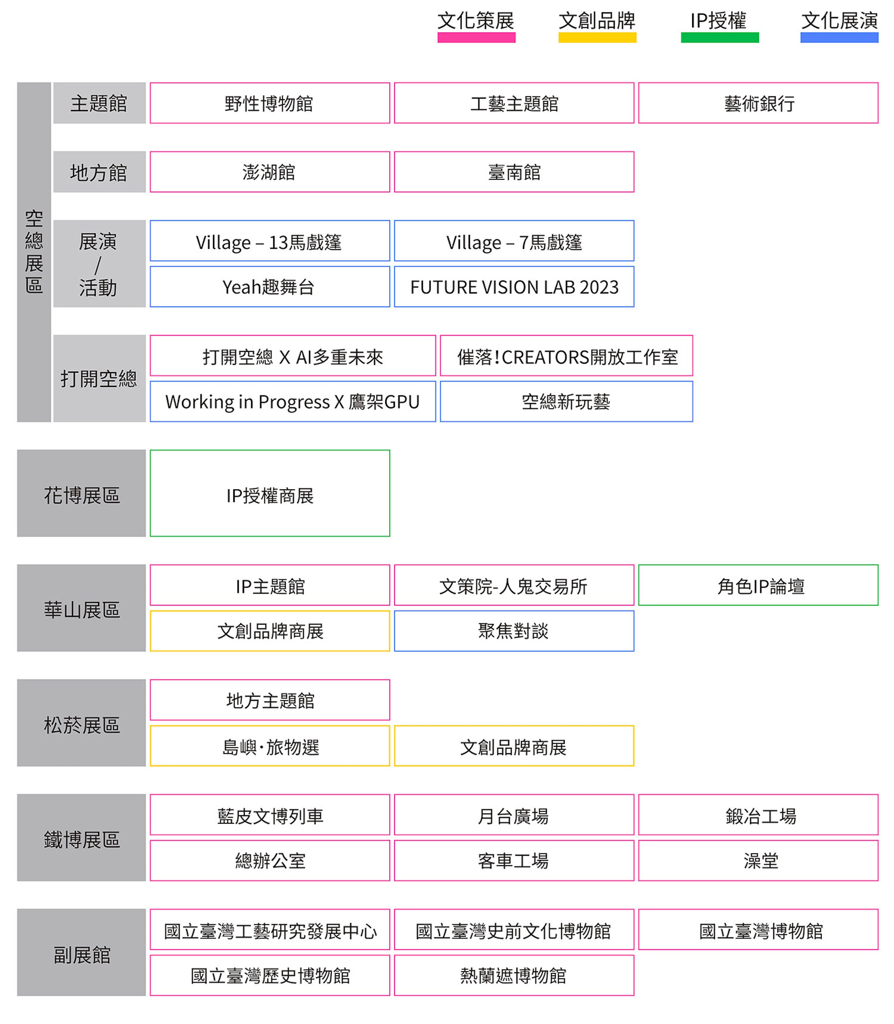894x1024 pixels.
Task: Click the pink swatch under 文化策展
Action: click(x=476, y=37)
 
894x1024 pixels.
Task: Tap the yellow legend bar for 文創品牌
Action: click(x=597, y=37)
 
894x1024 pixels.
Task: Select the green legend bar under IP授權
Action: click(x=720, y=37)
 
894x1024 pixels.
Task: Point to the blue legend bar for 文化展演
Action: click(x=839, y=37)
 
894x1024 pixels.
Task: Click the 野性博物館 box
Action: click(x=270, y=103)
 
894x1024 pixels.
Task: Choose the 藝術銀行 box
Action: click(x=758, y=103)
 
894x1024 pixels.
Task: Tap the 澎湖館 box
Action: click(x=270, y=171)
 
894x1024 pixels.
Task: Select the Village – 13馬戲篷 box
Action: click(x=270, y=240)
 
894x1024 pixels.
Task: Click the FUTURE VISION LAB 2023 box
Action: click(x=514, y=286)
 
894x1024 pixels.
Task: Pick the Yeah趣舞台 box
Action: click(x=270, y=286)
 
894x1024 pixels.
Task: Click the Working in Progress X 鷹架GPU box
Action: click(x=293, y=401)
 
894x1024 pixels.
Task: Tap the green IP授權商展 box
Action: click(x=270, y=493)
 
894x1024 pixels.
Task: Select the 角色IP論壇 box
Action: click(x=758, y=585)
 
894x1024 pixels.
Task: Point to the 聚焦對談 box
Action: click(x=514, y=631)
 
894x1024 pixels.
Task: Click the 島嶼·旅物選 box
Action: click(x=270, y=745)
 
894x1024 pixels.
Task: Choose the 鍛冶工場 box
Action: click(x=758, y=815)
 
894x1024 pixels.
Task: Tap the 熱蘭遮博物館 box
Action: click(x=514, y=975)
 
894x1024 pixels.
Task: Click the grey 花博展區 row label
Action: click(x=81, y=493)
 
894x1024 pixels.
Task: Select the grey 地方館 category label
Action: click(x=99, y=171)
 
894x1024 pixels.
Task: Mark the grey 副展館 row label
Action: click(x=81, y=952)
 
